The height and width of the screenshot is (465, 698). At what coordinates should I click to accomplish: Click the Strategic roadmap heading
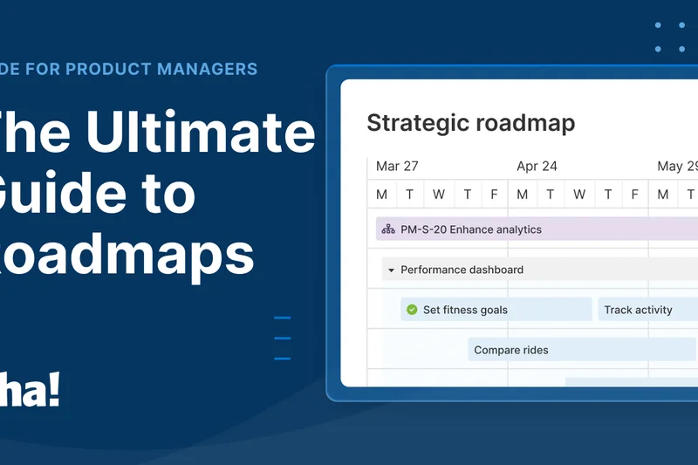(470, 123)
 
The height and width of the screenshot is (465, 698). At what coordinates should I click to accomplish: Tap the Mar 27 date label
(397, 166)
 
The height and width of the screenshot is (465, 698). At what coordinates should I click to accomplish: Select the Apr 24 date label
(537, 166)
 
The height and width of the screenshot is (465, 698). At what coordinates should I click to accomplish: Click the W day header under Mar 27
(438, 195)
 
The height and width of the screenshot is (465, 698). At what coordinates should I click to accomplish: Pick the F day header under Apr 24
(634, 195)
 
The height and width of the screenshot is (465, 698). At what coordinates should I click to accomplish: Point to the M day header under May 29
(663, 195)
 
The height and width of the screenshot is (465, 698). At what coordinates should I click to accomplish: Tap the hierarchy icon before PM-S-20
(388, 229)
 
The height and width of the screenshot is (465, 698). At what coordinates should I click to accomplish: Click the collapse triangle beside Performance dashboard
(392, 270)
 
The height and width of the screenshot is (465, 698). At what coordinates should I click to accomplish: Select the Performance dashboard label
(462, 270)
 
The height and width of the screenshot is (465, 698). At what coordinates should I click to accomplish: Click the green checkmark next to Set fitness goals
(412, 310)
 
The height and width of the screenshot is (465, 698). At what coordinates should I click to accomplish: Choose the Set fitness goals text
(465, 310)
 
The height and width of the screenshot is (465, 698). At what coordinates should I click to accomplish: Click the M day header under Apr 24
(522, 195)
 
